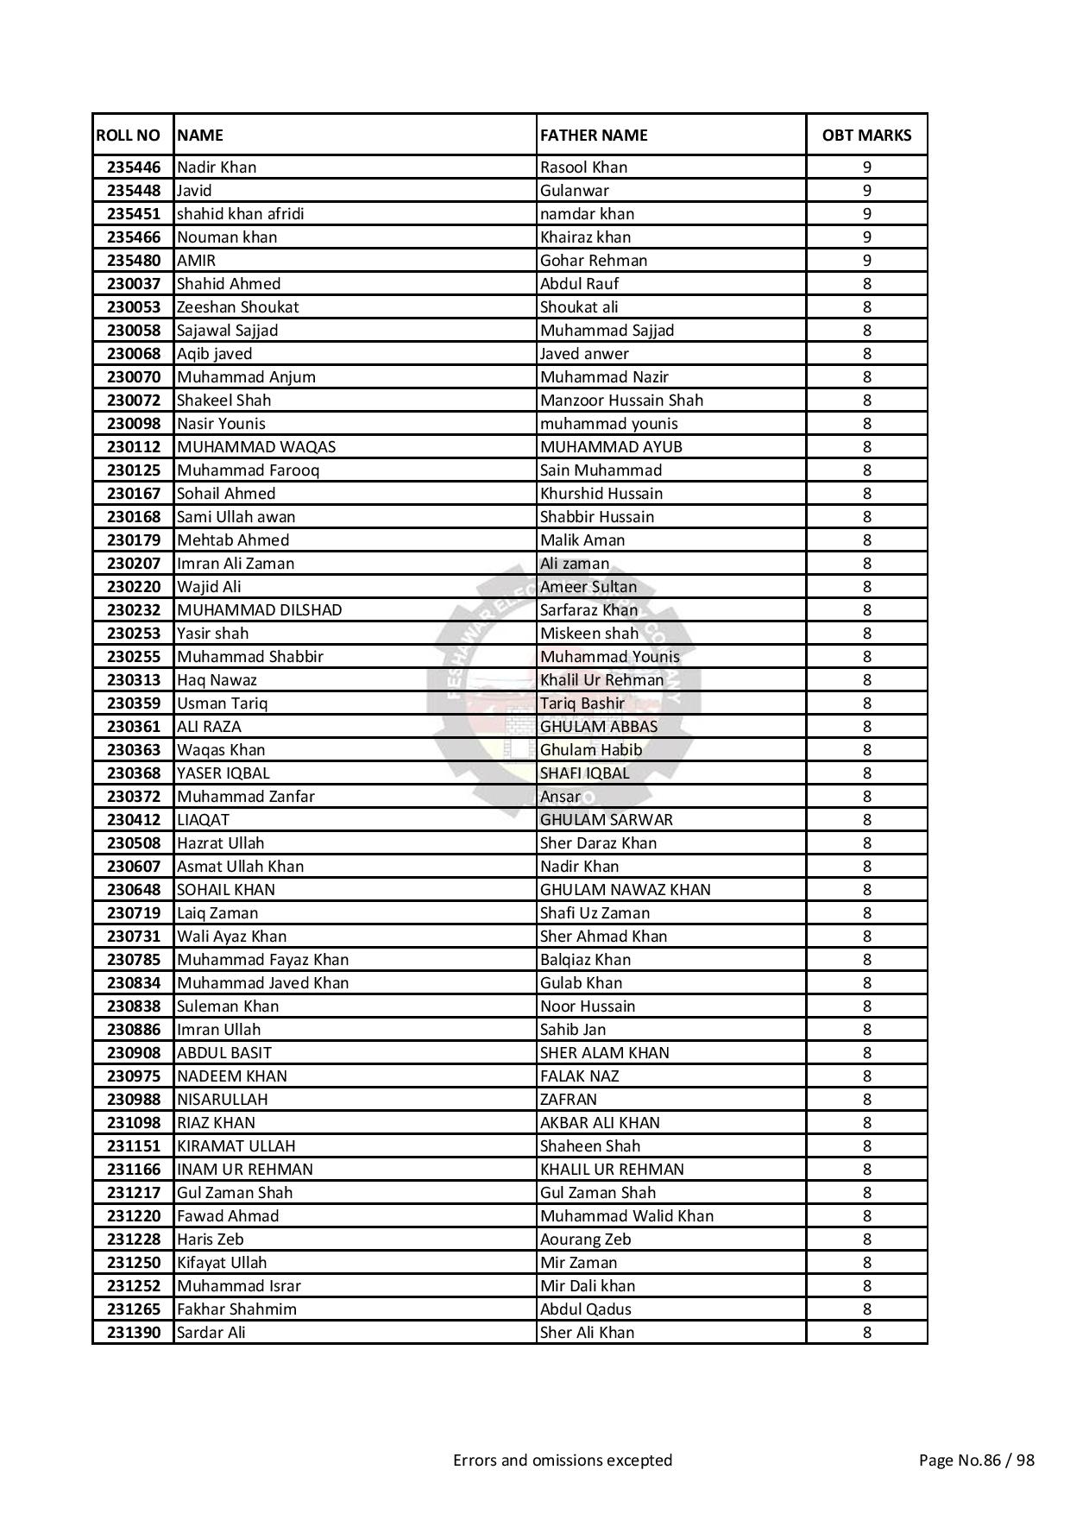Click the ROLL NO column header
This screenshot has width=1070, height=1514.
[x=128, y=136]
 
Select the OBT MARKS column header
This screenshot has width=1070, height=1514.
[x=866, y=136]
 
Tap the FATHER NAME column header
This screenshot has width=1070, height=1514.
[x=594, y=136]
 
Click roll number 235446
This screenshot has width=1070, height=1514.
[x=134, y=167]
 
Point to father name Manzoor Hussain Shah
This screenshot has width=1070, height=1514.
[x=621, y=401]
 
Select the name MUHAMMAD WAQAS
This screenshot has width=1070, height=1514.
[x=256, y=447]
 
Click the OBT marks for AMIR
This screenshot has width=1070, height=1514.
[x=866, y=261]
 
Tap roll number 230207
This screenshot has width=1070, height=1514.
[x=134, y=564]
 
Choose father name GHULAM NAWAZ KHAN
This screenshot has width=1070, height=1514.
[x=625, y=890]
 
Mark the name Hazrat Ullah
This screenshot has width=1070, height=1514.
[x=220, y=843]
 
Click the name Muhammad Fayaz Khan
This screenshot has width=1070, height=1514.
[x=262, y=960]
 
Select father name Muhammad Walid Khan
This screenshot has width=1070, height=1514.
[x=626, y=1216]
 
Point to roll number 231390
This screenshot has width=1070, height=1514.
[x=134, y=1333]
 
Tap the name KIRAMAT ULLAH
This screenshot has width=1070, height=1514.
[x=236, y=1146]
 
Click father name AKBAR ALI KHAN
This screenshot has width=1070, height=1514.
[x=600, y=1123]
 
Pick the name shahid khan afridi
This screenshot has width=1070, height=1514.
[x=240, y=214]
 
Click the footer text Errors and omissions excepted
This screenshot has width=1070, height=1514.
[x=563, y=1460]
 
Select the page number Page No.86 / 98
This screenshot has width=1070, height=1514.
[x=976, y=1460]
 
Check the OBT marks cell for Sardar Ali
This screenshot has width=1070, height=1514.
[x=866, y=1333]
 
